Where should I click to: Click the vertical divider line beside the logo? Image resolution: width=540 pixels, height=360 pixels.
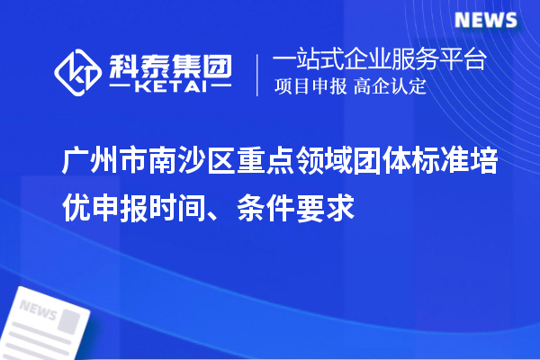[258, 75]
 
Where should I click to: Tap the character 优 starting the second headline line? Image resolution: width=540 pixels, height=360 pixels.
[76, 208]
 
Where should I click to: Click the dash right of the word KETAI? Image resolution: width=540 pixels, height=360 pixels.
[217, 89]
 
